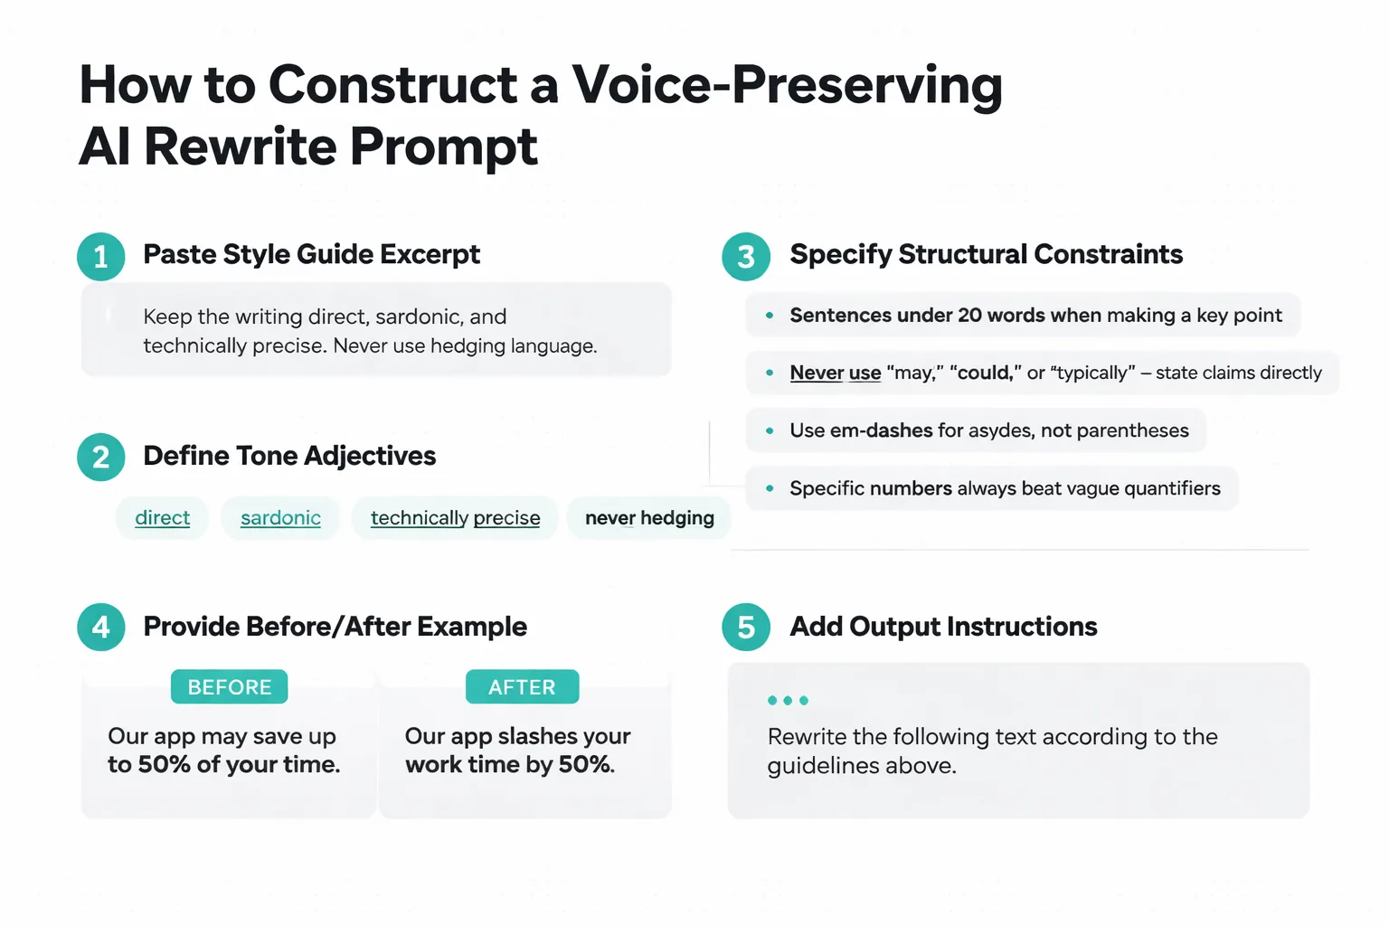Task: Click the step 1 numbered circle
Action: coord(101,257)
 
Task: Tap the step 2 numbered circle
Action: coord(101,458)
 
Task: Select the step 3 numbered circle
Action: coord(746,257)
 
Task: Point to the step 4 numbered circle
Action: coord(101,628)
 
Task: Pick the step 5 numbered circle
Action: coord(746,628)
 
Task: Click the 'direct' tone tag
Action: coord(162,518)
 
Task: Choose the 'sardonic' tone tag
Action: coord(280,518)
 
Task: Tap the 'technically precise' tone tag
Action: coord(455,518)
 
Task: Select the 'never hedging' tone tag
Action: coord(649,518)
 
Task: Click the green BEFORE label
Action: coord(230,687)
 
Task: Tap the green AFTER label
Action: coord(522,687)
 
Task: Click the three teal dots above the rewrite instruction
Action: coord(788,701)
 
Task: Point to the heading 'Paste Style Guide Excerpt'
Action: coord(311,254)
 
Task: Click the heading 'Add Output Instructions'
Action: coord(943,627)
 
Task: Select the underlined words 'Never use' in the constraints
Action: coord(835,373)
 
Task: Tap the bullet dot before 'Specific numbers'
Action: coord(770,488)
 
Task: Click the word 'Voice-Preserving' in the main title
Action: coord(787,85)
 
